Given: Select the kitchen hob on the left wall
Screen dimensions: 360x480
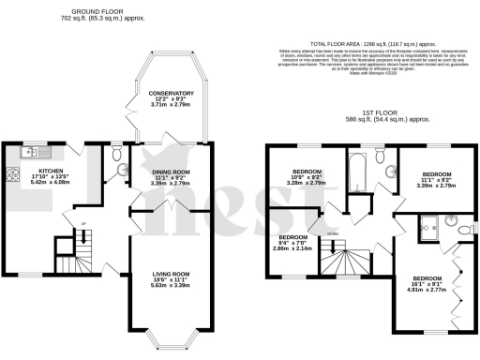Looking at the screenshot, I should tap(11, 173).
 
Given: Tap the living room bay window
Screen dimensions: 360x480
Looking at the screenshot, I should tap(172, 337).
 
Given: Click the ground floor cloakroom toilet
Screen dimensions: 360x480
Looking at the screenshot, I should tap(115, 170).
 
